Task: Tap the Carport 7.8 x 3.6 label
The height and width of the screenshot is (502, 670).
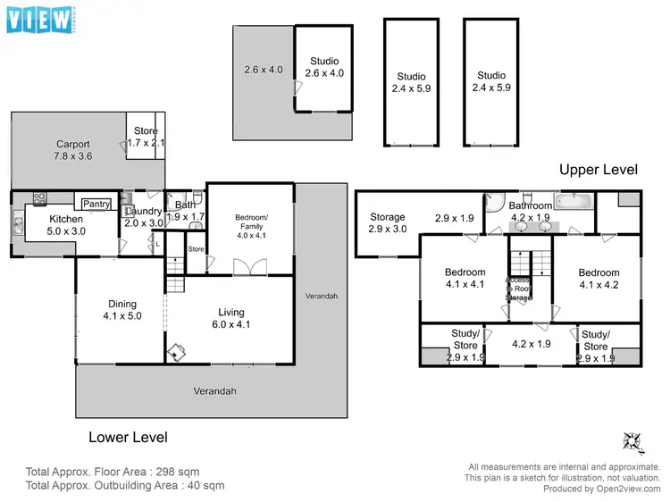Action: point(73,150)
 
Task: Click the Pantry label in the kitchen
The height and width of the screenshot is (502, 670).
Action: point(97,205)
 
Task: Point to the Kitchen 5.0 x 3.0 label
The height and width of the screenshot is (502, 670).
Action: point(66,224)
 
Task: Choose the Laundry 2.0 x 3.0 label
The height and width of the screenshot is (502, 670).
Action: point(142,217)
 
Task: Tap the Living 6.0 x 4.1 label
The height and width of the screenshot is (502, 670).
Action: point(231,318)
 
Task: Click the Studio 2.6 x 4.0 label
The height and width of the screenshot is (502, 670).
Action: point(323,67)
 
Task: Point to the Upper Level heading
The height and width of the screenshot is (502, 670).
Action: point(598,170)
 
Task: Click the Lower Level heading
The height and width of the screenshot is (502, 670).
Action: point(128,438)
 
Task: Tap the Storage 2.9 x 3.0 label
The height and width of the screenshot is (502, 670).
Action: point(388,223)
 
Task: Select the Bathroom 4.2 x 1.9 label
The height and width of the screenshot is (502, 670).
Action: point(531,212)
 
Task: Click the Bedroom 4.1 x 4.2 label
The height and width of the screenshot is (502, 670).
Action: point(598,279)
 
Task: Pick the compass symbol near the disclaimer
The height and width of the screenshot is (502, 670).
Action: point(631,441)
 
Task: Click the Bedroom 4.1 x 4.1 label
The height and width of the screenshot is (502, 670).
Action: point(465,279)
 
